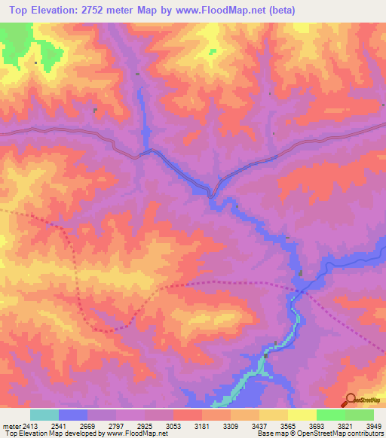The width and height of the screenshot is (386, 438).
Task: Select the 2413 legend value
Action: point(23,425)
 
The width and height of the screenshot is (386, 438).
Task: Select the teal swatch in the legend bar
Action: point(44,415)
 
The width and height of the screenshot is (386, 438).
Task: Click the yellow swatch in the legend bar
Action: point(302,415)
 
